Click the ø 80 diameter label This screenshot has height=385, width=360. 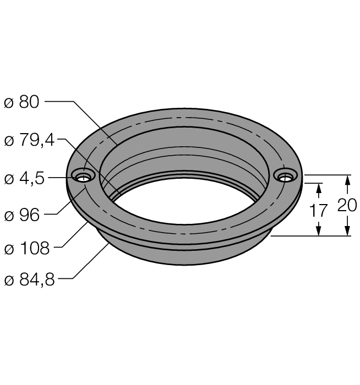tap(21, 102)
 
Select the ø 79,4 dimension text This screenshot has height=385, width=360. tap(29, 140)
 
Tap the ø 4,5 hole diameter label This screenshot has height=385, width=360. tap(24, 178)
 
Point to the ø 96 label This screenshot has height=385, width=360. tap(22, 215)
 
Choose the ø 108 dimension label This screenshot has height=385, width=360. tap(27, 248)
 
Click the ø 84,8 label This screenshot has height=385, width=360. tap(29, 279)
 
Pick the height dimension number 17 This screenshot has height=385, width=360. tap(318, 211)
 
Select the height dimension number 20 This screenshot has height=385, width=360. tap(347, 205)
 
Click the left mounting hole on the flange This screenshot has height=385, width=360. tap(83, 176)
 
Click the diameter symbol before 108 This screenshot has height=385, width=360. tap(9, 249)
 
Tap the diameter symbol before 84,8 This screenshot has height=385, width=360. tap(9, 280)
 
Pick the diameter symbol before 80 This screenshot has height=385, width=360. tap(9, 103)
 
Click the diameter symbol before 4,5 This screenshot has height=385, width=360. tap(9, 179)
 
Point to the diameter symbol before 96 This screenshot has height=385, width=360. tap(9, 216)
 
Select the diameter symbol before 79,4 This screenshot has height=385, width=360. tap(9, 141)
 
